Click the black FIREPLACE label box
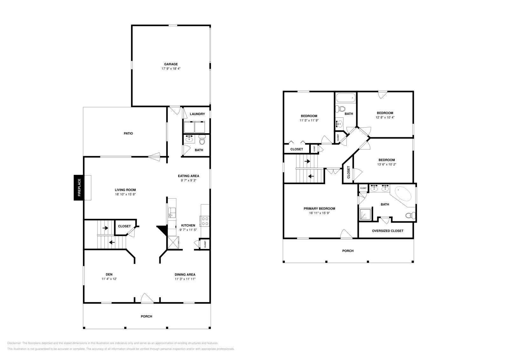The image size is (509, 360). (x=79, y=188)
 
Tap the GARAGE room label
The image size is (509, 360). (x=171, y=64)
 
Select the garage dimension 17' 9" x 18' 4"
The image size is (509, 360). (x=171, y=69)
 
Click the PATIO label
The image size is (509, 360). (x=128, y=134)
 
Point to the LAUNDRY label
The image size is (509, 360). (x=197, y=114)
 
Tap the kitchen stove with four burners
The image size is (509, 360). (x=205, y=221)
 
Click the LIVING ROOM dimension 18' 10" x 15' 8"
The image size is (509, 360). (x=125, y=194)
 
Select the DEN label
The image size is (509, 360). (x=109, y=274)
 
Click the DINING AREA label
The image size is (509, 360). (x=185, y=274)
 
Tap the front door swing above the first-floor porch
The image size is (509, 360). (x=147, y=298)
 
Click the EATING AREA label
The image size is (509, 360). (x=188, y=176)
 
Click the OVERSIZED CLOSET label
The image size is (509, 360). (x=387, y=231)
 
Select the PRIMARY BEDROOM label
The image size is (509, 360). (x=319, y=209)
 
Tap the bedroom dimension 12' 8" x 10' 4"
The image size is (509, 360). (x=385, y=117)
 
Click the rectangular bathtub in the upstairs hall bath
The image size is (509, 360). (x=345, y=98)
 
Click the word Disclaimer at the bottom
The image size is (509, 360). (x=14, y=343)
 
